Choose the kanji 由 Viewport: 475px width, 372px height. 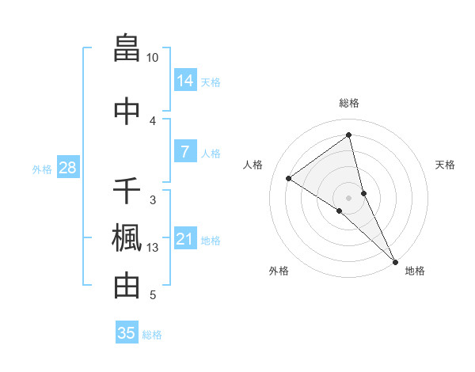click(127, 286)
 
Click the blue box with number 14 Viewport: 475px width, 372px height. click(185, 81)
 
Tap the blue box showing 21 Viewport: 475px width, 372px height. click(185, 239)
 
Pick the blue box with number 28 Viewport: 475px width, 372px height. click(67, 168)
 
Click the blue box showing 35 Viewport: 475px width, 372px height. click(127, 333)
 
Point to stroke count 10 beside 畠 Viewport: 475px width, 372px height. click(153, 58)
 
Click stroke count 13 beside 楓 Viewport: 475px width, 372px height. click(153, 249)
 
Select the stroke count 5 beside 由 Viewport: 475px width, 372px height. click(153, 296)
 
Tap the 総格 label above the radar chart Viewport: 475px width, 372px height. click(349, 103)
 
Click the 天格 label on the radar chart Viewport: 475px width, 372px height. click(446, 165)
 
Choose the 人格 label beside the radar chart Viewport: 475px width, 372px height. click(253, 165)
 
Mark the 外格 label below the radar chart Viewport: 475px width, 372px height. click(279, 271)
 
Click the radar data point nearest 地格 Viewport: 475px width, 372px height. click(395, 260)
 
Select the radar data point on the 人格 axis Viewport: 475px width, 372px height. click(289, 178)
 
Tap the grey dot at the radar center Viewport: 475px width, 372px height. click(349, 197)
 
